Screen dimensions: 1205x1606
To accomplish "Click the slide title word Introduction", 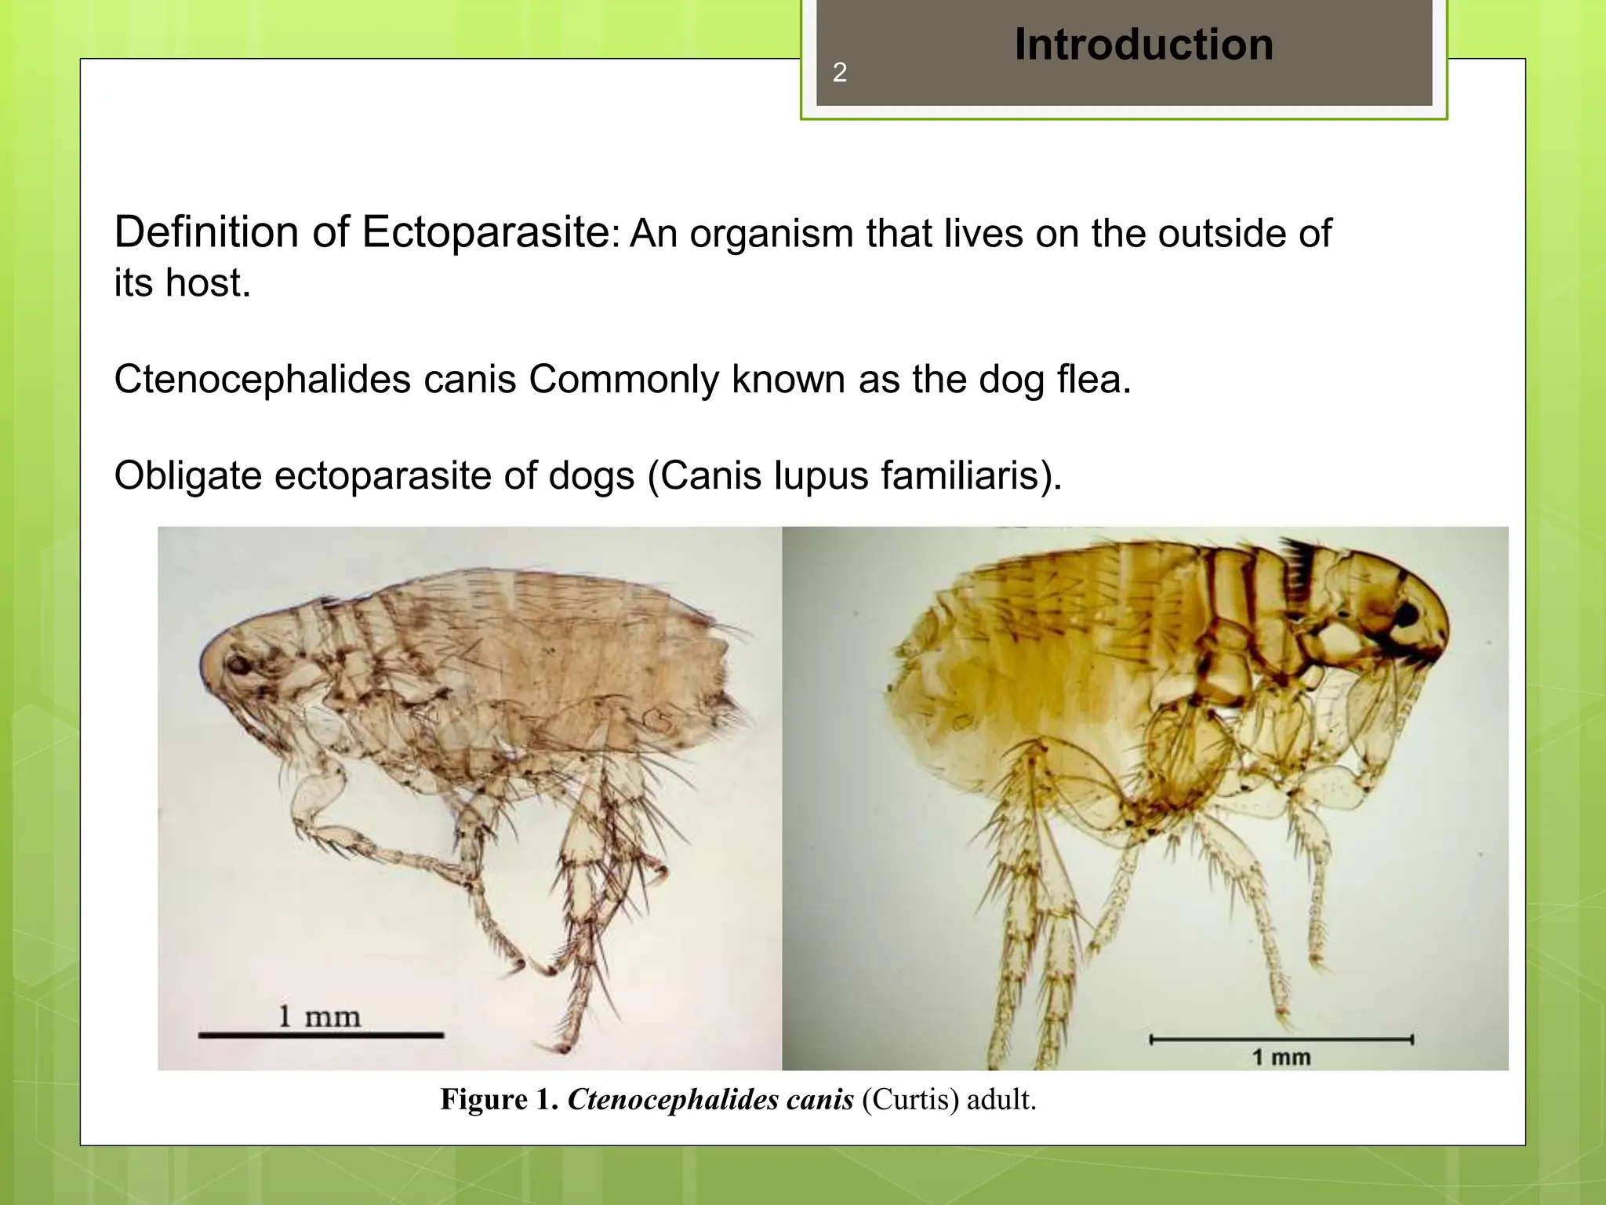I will point(1143,45).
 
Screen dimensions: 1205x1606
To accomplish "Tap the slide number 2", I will point(839,73).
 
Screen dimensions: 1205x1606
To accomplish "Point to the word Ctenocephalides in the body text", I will point(262,380).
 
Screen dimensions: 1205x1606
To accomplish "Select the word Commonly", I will point(623,380).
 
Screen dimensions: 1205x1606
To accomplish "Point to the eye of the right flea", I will point(1405,614).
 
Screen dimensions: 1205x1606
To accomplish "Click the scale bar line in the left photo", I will point(321,1036).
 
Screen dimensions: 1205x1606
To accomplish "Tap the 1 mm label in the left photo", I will point(319,1017).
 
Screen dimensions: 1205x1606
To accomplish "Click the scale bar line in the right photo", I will point(1281,1040).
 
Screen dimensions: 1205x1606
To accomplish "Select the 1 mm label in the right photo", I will point(1281,1058).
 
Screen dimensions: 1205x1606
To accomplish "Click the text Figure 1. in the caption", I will point(499,1100).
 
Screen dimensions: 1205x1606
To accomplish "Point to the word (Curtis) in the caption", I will point(910,1100).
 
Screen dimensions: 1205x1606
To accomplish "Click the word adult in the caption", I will point(1000,1100).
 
